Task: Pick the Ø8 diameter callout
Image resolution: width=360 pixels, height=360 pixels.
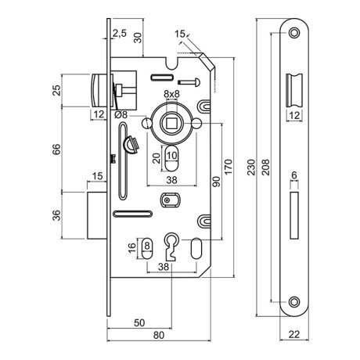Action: coord(122,117)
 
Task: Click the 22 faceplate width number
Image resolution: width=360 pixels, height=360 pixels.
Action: coord(293,337)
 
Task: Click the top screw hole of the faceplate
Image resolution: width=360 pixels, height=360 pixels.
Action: coord(293,34)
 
